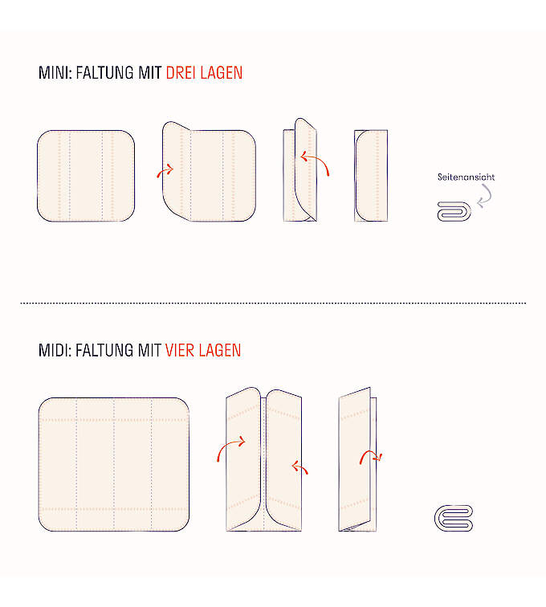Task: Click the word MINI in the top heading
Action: tap(54, 73)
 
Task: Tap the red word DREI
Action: tap(181, 73)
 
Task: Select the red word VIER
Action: tap(179, 350)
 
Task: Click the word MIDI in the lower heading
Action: tap(54, 350)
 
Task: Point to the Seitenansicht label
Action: tap(466, 177)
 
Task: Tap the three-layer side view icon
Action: tap(454, 211)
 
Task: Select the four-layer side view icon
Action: tap(454, 518)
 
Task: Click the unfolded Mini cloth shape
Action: tap(86, 176)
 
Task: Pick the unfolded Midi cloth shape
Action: tap(114, 464)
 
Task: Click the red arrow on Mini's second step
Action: tap(165, 169)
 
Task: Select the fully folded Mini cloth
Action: tap(371, 176)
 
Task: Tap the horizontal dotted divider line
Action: tap(273, 303)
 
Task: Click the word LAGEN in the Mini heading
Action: tap(221, 73)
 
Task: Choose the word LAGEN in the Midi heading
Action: tap(219, 350)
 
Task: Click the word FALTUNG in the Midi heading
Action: tap(105, 350)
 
